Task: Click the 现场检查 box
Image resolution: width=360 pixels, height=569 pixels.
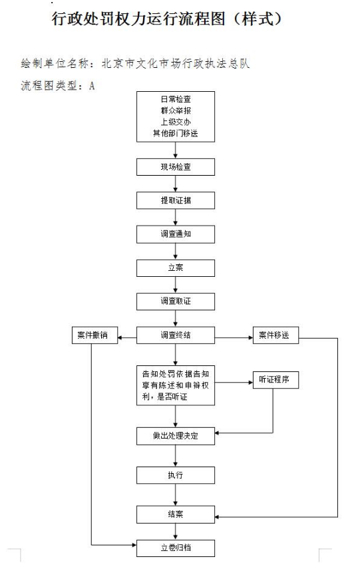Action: pyautogui.click(x=176, y=167)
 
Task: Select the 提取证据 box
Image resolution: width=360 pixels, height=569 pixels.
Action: pyautogui.click(x=176, y=200)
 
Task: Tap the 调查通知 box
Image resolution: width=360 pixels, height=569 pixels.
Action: pyautogui.click(x=176, y=234)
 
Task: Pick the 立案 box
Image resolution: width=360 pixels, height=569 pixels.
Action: pyautogui.click(x=176, y=268)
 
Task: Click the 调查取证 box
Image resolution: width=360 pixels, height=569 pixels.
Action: pyautogui.click(x=176, y=301)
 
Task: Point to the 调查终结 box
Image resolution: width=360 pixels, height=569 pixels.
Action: pyautogui.click(x=176, y=335)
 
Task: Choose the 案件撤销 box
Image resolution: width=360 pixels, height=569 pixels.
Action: pyautogui.click(x=94, y=335)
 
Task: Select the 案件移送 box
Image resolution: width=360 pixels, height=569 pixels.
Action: pyautogui.click(x=275, y=335)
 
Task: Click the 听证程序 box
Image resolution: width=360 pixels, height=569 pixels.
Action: pyautogui.click(x=275, y=380)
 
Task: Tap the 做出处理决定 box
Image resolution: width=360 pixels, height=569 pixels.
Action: pyautogui.click(x=176, y=436)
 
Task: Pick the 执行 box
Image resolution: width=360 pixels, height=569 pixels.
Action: pyautogui.click(x=176, y=475)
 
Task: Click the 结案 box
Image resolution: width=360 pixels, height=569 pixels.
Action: pyautogui.click(x=176, y=514)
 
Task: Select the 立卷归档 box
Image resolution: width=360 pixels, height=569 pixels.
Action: pyautogui.click(x=176, y=548)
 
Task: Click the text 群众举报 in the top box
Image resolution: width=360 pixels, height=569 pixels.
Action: pyautogui.click(x=176, y=110)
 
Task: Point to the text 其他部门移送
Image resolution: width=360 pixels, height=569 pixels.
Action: pyautogui.click(x=176, y=133)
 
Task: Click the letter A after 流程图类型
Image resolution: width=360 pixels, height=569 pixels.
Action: pyautogui.click(x=92, y=86)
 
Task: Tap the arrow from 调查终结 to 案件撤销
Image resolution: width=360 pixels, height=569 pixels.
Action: pyautogui.click(x=127, y=338)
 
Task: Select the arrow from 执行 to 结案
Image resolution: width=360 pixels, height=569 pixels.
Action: pyautogui.click(x=176, y=494)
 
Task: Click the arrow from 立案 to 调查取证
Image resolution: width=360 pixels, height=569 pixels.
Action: pyautogui.click(x=176, y=285)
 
